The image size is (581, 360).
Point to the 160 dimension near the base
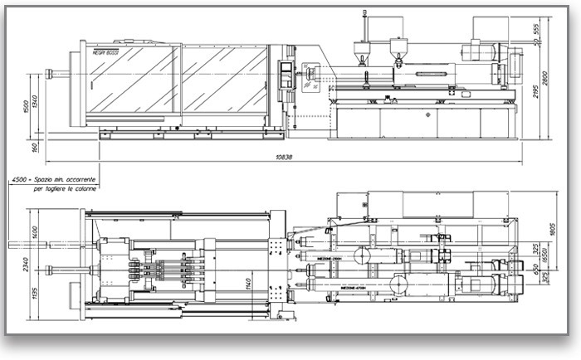pyautogui.click(x=28, y=148)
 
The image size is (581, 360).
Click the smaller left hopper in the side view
pyautogui.click(x=361, y=47)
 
